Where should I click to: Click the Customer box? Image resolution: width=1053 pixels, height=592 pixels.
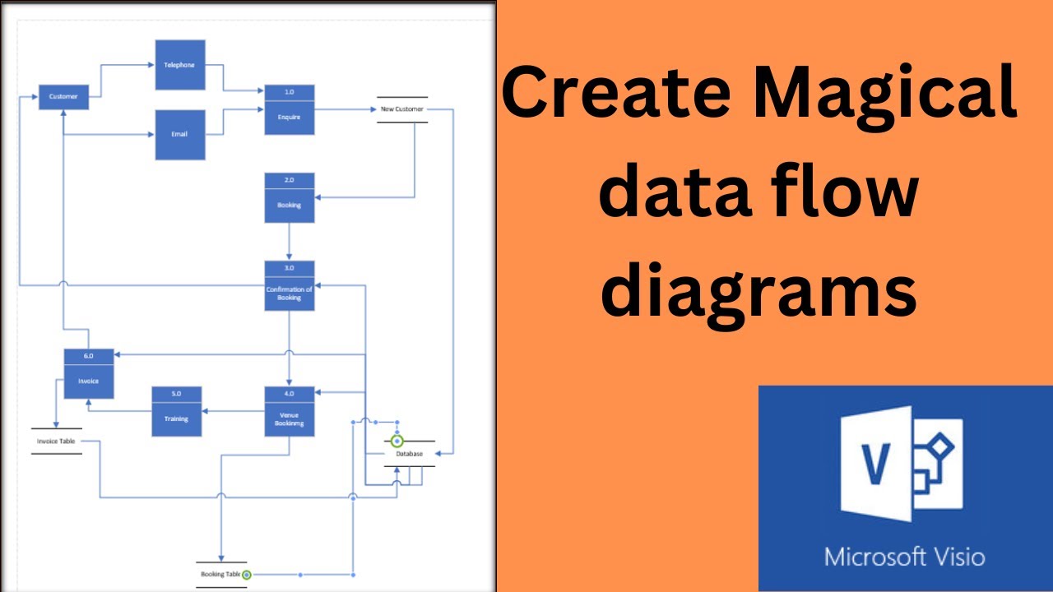click(63, 97)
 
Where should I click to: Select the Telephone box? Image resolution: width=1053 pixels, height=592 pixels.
click(180, 64)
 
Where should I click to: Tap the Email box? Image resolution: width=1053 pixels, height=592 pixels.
click(180, 135)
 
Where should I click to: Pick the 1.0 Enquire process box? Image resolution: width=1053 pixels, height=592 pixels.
click(289, 110)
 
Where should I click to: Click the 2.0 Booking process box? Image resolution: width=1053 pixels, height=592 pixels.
click(289, 197)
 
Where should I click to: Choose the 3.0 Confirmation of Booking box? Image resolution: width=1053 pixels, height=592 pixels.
click(289, 285)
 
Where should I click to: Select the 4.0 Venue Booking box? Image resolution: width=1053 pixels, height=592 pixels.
click(289, 411)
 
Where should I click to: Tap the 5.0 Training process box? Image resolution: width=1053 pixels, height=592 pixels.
click(176, 411)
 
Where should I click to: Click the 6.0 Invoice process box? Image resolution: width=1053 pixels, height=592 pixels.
click(88, 373)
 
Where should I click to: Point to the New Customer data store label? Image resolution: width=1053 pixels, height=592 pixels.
click(401, 109)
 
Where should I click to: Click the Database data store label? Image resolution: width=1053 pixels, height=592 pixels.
click(409, 454)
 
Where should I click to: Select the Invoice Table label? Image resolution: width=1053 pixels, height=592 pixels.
click(56, 442)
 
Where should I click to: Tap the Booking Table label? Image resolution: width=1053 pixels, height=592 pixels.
click(218, 574)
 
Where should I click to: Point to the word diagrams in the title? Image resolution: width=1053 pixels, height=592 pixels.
click(758, 291)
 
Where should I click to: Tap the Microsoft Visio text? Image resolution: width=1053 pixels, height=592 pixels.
click(904, 557)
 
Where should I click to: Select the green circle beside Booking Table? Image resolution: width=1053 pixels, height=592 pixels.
click(246, 575)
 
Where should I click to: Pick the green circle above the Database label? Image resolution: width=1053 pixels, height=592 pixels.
click(397, 442)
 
